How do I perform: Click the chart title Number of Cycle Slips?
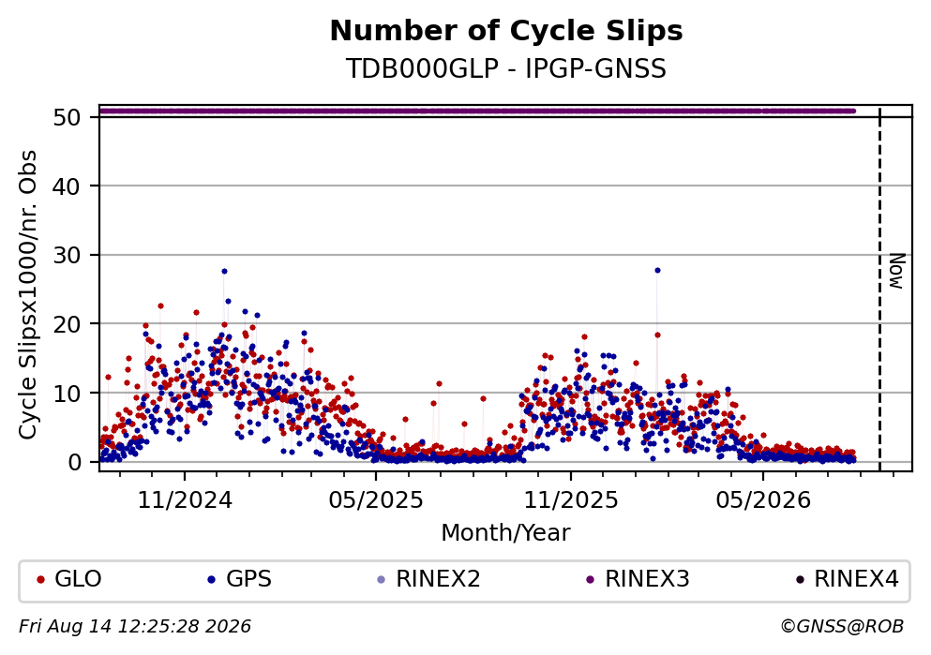click(x=506, y=31)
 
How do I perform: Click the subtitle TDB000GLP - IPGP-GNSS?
click(x=506, y=68)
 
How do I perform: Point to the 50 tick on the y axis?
click(x=68, y=117)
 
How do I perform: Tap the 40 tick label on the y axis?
click(x=68, y=186)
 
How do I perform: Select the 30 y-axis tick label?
click(x=68, y=255)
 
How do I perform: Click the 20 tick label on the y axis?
click(x=68, y=324)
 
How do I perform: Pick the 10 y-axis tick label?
click(x=68, y=394)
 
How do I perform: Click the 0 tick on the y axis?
click(x=74, y=462)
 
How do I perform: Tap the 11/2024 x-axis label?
click(x=185, y=500)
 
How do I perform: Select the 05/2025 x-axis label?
click(x=376, y=500)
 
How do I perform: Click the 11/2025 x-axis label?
click(x=571, y=500)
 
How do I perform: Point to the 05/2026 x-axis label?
click(x=763, y=500)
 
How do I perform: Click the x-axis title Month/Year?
click(x=506, y=533)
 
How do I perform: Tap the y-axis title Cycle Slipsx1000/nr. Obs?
click(x=28, y=295)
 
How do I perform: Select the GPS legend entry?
click(x=239, y=578)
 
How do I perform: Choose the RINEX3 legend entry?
click(x=638, y=578)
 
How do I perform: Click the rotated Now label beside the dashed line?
click(x=896, y=271)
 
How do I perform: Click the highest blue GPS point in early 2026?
click(x=657, y=271)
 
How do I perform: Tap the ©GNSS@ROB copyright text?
click(x=842, y=627)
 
